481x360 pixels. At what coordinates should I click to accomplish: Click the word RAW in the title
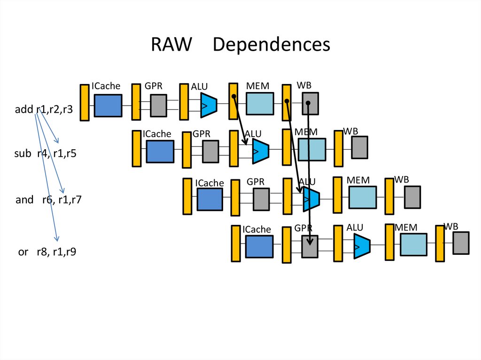pos(171,45)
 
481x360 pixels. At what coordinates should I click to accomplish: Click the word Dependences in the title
pos(272,45)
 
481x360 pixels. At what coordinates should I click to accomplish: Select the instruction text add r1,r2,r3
pos(44,110)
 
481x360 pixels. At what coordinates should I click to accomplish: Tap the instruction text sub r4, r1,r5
pos(45,153)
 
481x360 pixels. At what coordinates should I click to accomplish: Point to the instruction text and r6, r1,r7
pos(49,199)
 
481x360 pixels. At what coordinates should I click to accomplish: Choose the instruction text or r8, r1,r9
pos(47,252)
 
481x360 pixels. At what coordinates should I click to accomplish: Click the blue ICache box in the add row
pos(108,105)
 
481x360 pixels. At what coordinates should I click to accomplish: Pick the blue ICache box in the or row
pos(259,247)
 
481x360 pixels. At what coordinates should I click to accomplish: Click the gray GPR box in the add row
pos(159,105)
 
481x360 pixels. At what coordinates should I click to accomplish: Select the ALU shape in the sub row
pos(260,151)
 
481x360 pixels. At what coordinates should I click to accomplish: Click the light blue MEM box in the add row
pos(260,104)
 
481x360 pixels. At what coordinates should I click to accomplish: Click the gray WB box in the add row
pos(310,103)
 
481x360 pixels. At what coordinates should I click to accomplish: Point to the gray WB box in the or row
pos(461,243)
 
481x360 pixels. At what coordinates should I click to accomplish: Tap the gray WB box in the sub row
pos(360,147)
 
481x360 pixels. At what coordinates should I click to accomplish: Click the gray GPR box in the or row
pos(310,246)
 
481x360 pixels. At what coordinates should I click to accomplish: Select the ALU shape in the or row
pos(362,245)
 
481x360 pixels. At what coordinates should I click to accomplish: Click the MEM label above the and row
pos(358,180)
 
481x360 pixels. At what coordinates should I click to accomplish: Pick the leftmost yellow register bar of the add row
pos(85,102)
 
